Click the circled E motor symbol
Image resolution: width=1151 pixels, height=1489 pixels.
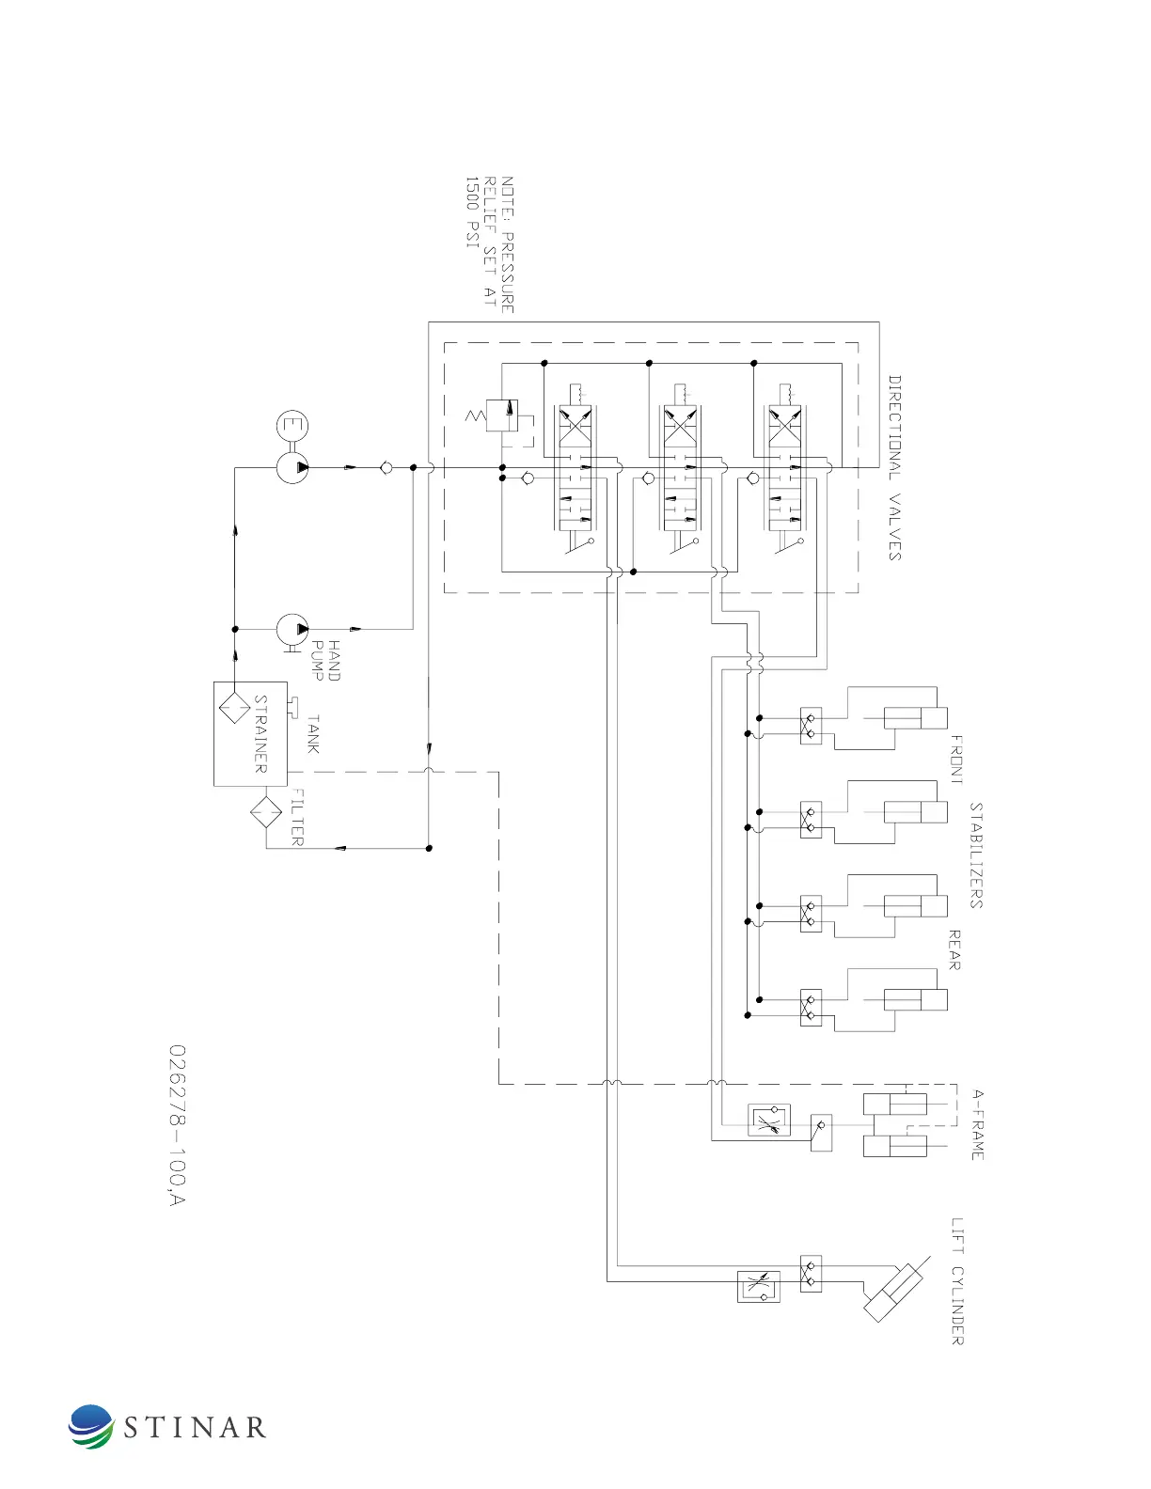[x=292, y=426]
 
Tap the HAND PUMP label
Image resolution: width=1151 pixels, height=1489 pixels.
[x=325, y=661]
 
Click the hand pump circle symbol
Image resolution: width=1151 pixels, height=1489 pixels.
[x=292, y=629]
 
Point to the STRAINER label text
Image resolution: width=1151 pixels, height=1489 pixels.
[x=260, y=734]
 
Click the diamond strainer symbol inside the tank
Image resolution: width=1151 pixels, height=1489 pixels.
[x=234, y=705]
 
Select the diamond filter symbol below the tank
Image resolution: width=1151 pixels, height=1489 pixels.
[x=266, y=811]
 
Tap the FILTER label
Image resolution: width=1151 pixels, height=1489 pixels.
[x=296, y=817]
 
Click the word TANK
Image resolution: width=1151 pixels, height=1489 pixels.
[x=313, y=734]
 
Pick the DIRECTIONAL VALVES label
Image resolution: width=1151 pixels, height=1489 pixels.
[x=894, y=468]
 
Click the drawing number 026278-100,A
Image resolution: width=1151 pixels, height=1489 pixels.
[x=177, y=1124]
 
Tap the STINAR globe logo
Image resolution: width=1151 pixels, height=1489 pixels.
[x=91, y=1427]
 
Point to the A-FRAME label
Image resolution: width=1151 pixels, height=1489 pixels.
[x=978, y=1124]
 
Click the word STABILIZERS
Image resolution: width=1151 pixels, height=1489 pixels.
[x=976, y=854]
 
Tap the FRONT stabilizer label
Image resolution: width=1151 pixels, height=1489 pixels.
[x=955, y=760]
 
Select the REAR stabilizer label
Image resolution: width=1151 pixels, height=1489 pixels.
[x=954, y=949]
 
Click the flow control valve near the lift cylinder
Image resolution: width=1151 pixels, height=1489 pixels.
[x=759, y=1286]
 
